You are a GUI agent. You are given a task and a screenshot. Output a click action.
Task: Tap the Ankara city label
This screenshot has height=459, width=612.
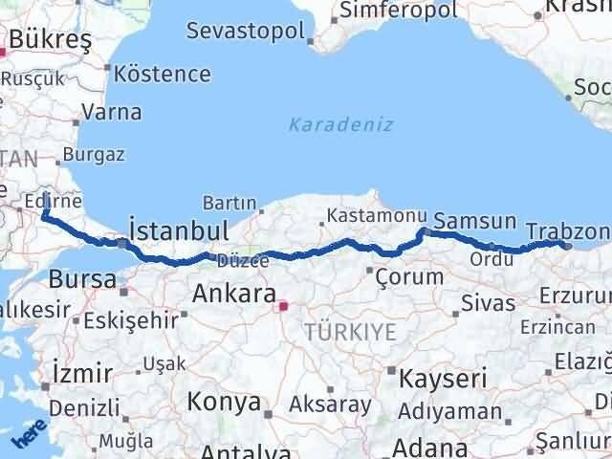(234, 294)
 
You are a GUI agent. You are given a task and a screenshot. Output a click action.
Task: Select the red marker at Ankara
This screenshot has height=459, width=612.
(282, 307)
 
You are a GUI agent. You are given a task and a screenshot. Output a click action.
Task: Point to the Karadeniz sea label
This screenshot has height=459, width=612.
(341, 124)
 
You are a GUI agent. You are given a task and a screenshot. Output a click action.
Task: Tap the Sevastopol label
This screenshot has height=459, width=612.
(246, 30)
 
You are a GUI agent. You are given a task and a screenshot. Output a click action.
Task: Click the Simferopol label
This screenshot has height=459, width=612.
(388, 11)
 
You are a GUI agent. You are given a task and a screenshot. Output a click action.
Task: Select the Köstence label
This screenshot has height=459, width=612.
(162, 74)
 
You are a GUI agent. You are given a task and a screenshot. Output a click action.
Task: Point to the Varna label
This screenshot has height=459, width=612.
(112, 112)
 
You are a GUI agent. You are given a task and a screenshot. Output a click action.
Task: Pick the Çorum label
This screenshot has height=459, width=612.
(409, 277)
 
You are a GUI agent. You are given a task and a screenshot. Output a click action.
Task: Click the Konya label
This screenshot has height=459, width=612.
(224, 401)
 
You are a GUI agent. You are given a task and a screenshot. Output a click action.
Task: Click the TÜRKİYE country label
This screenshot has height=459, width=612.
(350, 332)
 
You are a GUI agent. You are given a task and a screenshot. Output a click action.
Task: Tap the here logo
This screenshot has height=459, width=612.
(30, 437)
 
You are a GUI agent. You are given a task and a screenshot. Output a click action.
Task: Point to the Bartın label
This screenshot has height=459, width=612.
(229, 203)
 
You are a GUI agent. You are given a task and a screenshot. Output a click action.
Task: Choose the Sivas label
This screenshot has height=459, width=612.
(488, 304)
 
